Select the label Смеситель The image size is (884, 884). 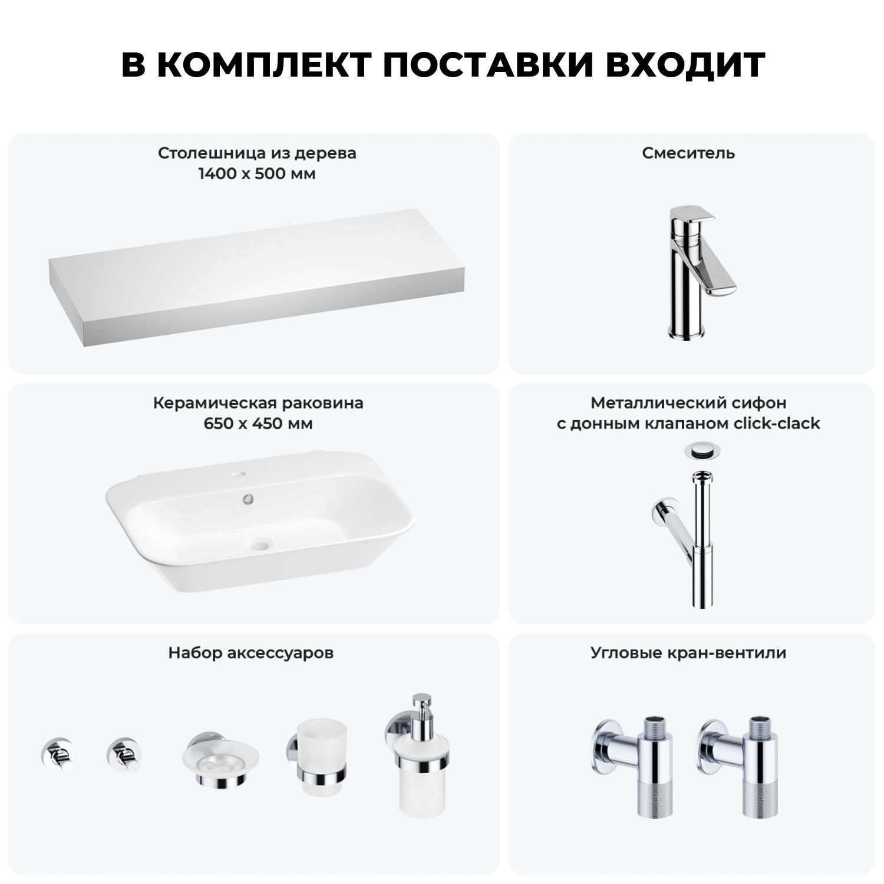688,153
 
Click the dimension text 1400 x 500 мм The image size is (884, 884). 257,174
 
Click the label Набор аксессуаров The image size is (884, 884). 251,653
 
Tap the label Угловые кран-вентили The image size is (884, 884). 688,653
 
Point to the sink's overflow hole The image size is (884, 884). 248,499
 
